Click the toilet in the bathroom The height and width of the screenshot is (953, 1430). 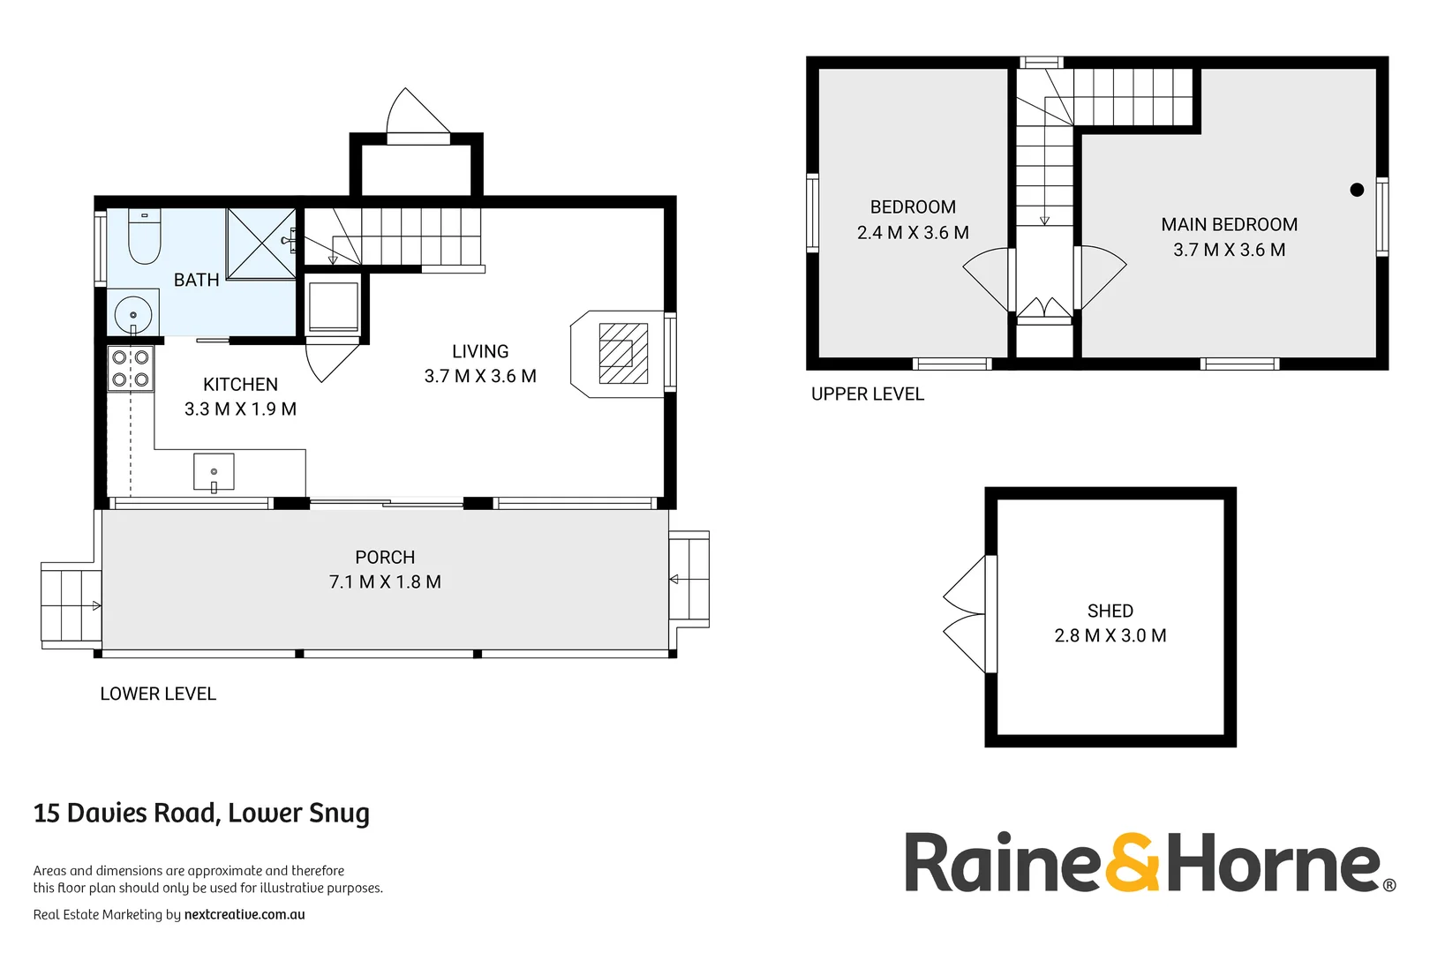144,236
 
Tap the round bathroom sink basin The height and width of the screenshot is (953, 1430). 132,314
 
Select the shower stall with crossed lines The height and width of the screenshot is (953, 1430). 261,244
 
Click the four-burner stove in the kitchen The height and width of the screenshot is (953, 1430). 131,369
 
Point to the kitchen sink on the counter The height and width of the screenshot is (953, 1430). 214,471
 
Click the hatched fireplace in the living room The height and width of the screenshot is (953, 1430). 623,353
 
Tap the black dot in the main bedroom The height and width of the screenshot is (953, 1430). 1357,190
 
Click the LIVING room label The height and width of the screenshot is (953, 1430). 480,351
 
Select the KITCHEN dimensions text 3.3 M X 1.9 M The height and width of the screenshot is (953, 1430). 240,409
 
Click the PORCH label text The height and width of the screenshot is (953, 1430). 385,558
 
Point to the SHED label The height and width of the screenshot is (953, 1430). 1110,611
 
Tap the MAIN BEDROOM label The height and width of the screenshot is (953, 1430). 1229,225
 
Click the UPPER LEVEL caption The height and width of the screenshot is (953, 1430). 867,394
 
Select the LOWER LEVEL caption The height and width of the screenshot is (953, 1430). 158,694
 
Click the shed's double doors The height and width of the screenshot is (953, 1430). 968,613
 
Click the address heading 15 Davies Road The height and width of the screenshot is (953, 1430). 201,813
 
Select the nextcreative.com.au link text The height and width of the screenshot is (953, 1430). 245,914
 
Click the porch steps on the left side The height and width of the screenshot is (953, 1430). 71,605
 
